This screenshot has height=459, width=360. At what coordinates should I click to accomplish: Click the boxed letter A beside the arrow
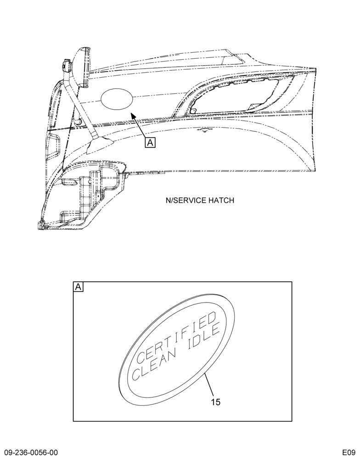[150, 143]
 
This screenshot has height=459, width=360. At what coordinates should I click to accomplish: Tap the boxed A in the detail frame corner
[78, 287]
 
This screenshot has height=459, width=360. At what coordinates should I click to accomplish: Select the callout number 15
[216, 402]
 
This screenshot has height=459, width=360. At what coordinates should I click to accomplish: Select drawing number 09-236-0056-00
[31, 452]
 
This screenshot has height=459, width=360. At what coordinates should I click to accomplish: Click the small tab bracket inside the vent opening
[193, 110]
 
